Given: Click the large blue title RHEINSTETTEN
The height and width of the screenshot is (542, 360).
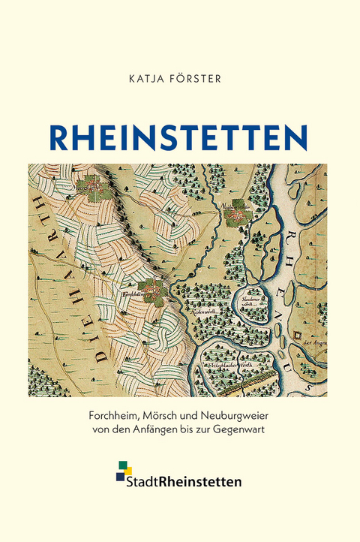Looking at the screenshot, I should point(179,137).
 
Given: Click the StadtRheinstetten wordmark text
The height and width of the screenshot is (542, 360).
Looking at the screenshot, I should point(187,482).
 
